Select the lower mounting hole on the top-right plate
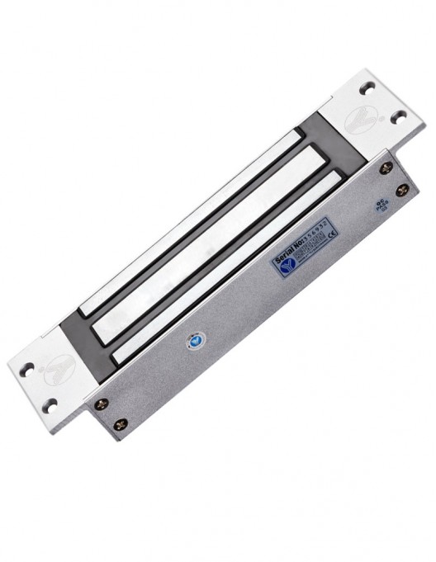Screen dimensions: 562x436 pyautogui.click(x=400, y=116)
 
